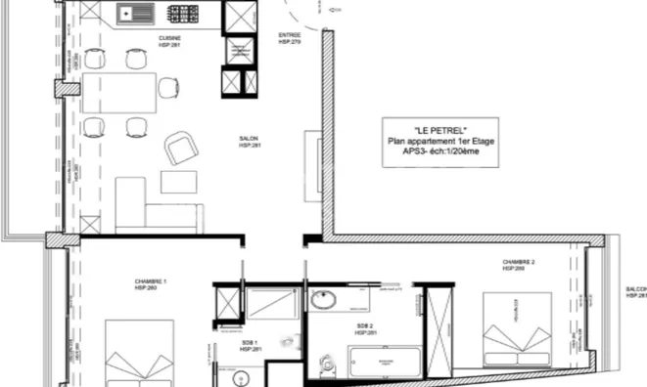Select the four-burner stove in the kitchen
tap(183, 15)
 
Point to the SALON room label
tap(250, 141)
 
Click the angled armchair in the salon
tap(182, 149)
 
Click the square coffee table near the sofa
tap(177, 183)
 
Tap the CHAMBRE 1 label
tap(151, 284)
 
